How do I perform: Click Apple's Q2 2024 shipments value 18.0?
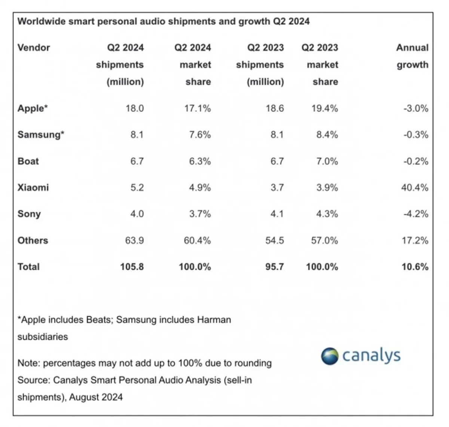coord(135,108)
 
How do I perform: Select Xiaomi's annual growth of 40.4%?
coord(415,187)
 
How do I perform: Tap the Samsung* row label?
coord(41,135)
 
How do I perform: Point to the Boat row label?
coord(28,161)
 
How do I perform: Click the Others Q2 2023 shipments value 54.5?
coord(275,240)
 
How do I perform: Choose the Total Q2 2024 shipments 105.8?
coord(132,267)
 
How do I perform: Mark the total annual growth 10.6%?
coord(415,267)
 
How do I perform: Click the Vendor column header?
coord(34,47)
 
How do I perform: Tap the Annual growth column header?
coord(412,56)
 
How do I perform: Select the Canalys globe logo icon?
coord(330,356)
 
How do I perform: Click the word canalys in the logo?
coord(371,356)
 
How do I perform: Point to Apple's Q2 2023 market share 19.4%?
coord(325,108)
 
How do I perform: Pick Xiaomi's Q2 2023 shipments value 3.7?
coord(277,187)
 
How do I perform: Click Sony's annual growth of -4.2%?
coord(416,214)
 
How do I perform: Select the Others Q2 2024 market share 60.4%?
coord(197,240)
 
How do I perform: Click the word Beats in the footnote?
coord(99,320)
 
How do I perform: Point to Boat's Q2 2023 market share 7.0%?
coord(327,161)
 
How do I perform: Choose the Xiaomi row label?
coord(33,187)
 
